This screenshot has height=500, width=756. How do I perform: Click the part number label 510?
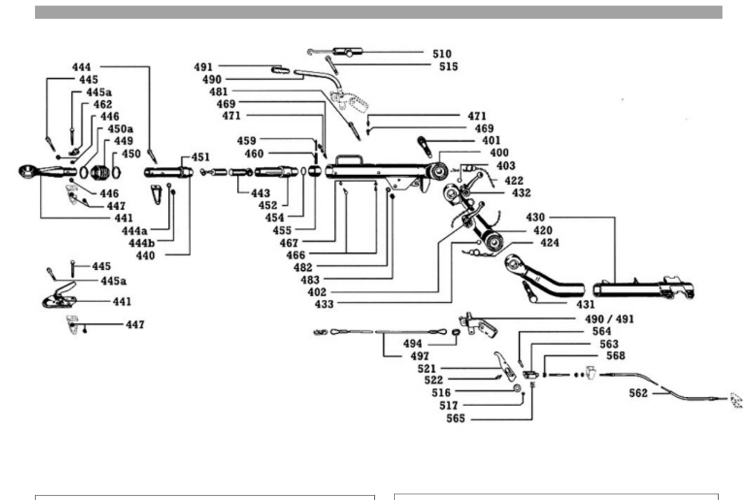442,54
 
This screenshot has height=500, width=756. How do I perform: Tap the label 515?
449,67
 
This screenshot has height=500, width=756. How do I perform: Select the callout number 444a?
135,231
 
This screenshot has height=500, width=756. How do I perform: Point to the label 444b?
142,243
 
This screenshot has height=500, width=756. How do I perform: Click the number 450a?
120,129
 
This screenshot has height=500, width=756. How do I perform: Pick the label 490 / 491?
609,319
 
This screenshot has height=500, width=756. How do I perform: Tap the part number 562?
638,394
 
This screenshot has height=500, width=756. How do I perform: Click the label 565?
455,419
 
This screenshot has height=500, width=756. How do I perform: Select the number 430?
535,217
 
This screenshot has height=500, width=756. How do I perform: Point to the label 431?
585,305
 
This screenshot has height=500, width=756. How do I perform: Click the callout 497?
420,356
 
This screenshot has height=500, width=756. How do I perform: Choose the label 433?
324,304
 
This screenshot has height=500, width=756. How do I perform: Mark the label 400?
499,153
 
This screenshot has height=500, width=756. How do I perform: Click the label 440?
146,256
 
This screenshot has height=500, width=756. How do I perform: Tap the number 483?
310,280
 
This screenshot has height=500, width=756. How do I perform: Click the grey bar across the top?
379,12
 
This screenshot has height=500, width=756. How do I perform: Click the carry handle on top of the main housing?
348,157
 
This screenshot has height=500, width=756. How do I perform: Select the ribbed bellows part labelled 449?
100,173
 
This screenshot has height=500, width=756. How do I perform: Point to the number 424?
550,243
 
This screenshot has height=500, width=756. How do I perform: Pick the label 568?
616,356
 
